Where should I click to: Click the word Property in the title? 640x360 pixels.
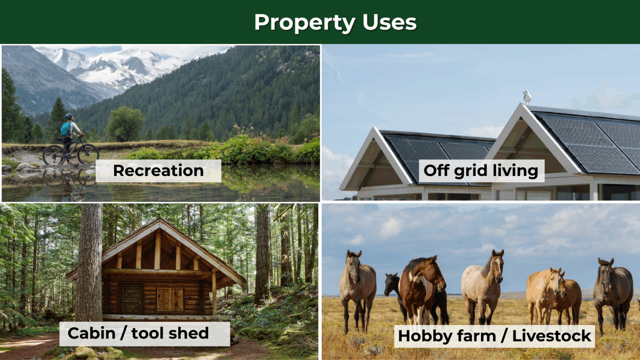coord(305,23)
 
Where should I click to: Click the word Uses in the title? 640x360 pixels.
coord(390,22)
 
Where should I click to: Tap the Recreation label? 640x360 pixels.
coord(158,170)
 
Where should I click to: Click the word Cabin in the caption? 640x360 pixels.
coord(92,333)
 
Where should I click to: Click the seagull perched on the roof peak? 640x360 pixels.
coord(527,98)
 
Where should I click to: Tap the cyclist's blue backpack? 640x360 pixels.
coord(66,130)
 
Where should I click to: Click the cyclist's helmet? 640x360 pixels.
coord(69,116)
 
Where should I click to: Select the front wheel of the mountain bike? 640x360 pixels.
coord(88,154)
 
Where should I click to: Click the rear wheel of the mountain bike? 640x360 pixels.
coord(54,155)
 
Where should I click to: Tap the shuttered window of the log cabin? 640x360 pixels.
coord(170,299)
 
